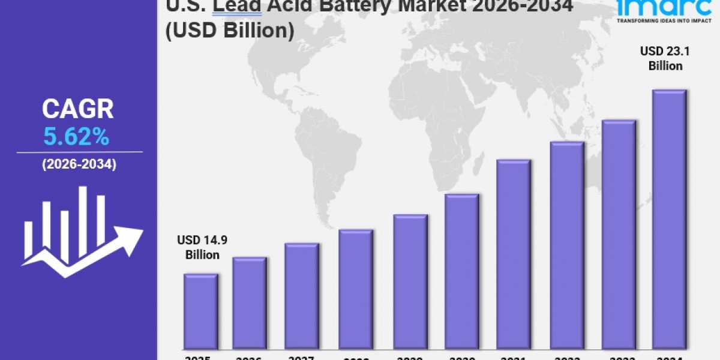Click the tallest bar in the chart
pos(669,219)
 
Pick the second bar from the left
pos(250,303)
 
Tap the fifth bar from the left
pos(410,281)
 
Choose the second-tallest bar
pos(619,234)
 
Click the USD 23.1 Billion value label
pos(665,59)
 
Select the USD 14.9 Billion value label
pos(202,247)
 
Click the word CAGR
pos(77,109)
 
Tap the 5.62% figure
pos(76,137)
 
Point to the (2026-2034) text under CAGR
pos(79,164)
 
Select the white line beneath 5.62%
pos(79,152)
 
